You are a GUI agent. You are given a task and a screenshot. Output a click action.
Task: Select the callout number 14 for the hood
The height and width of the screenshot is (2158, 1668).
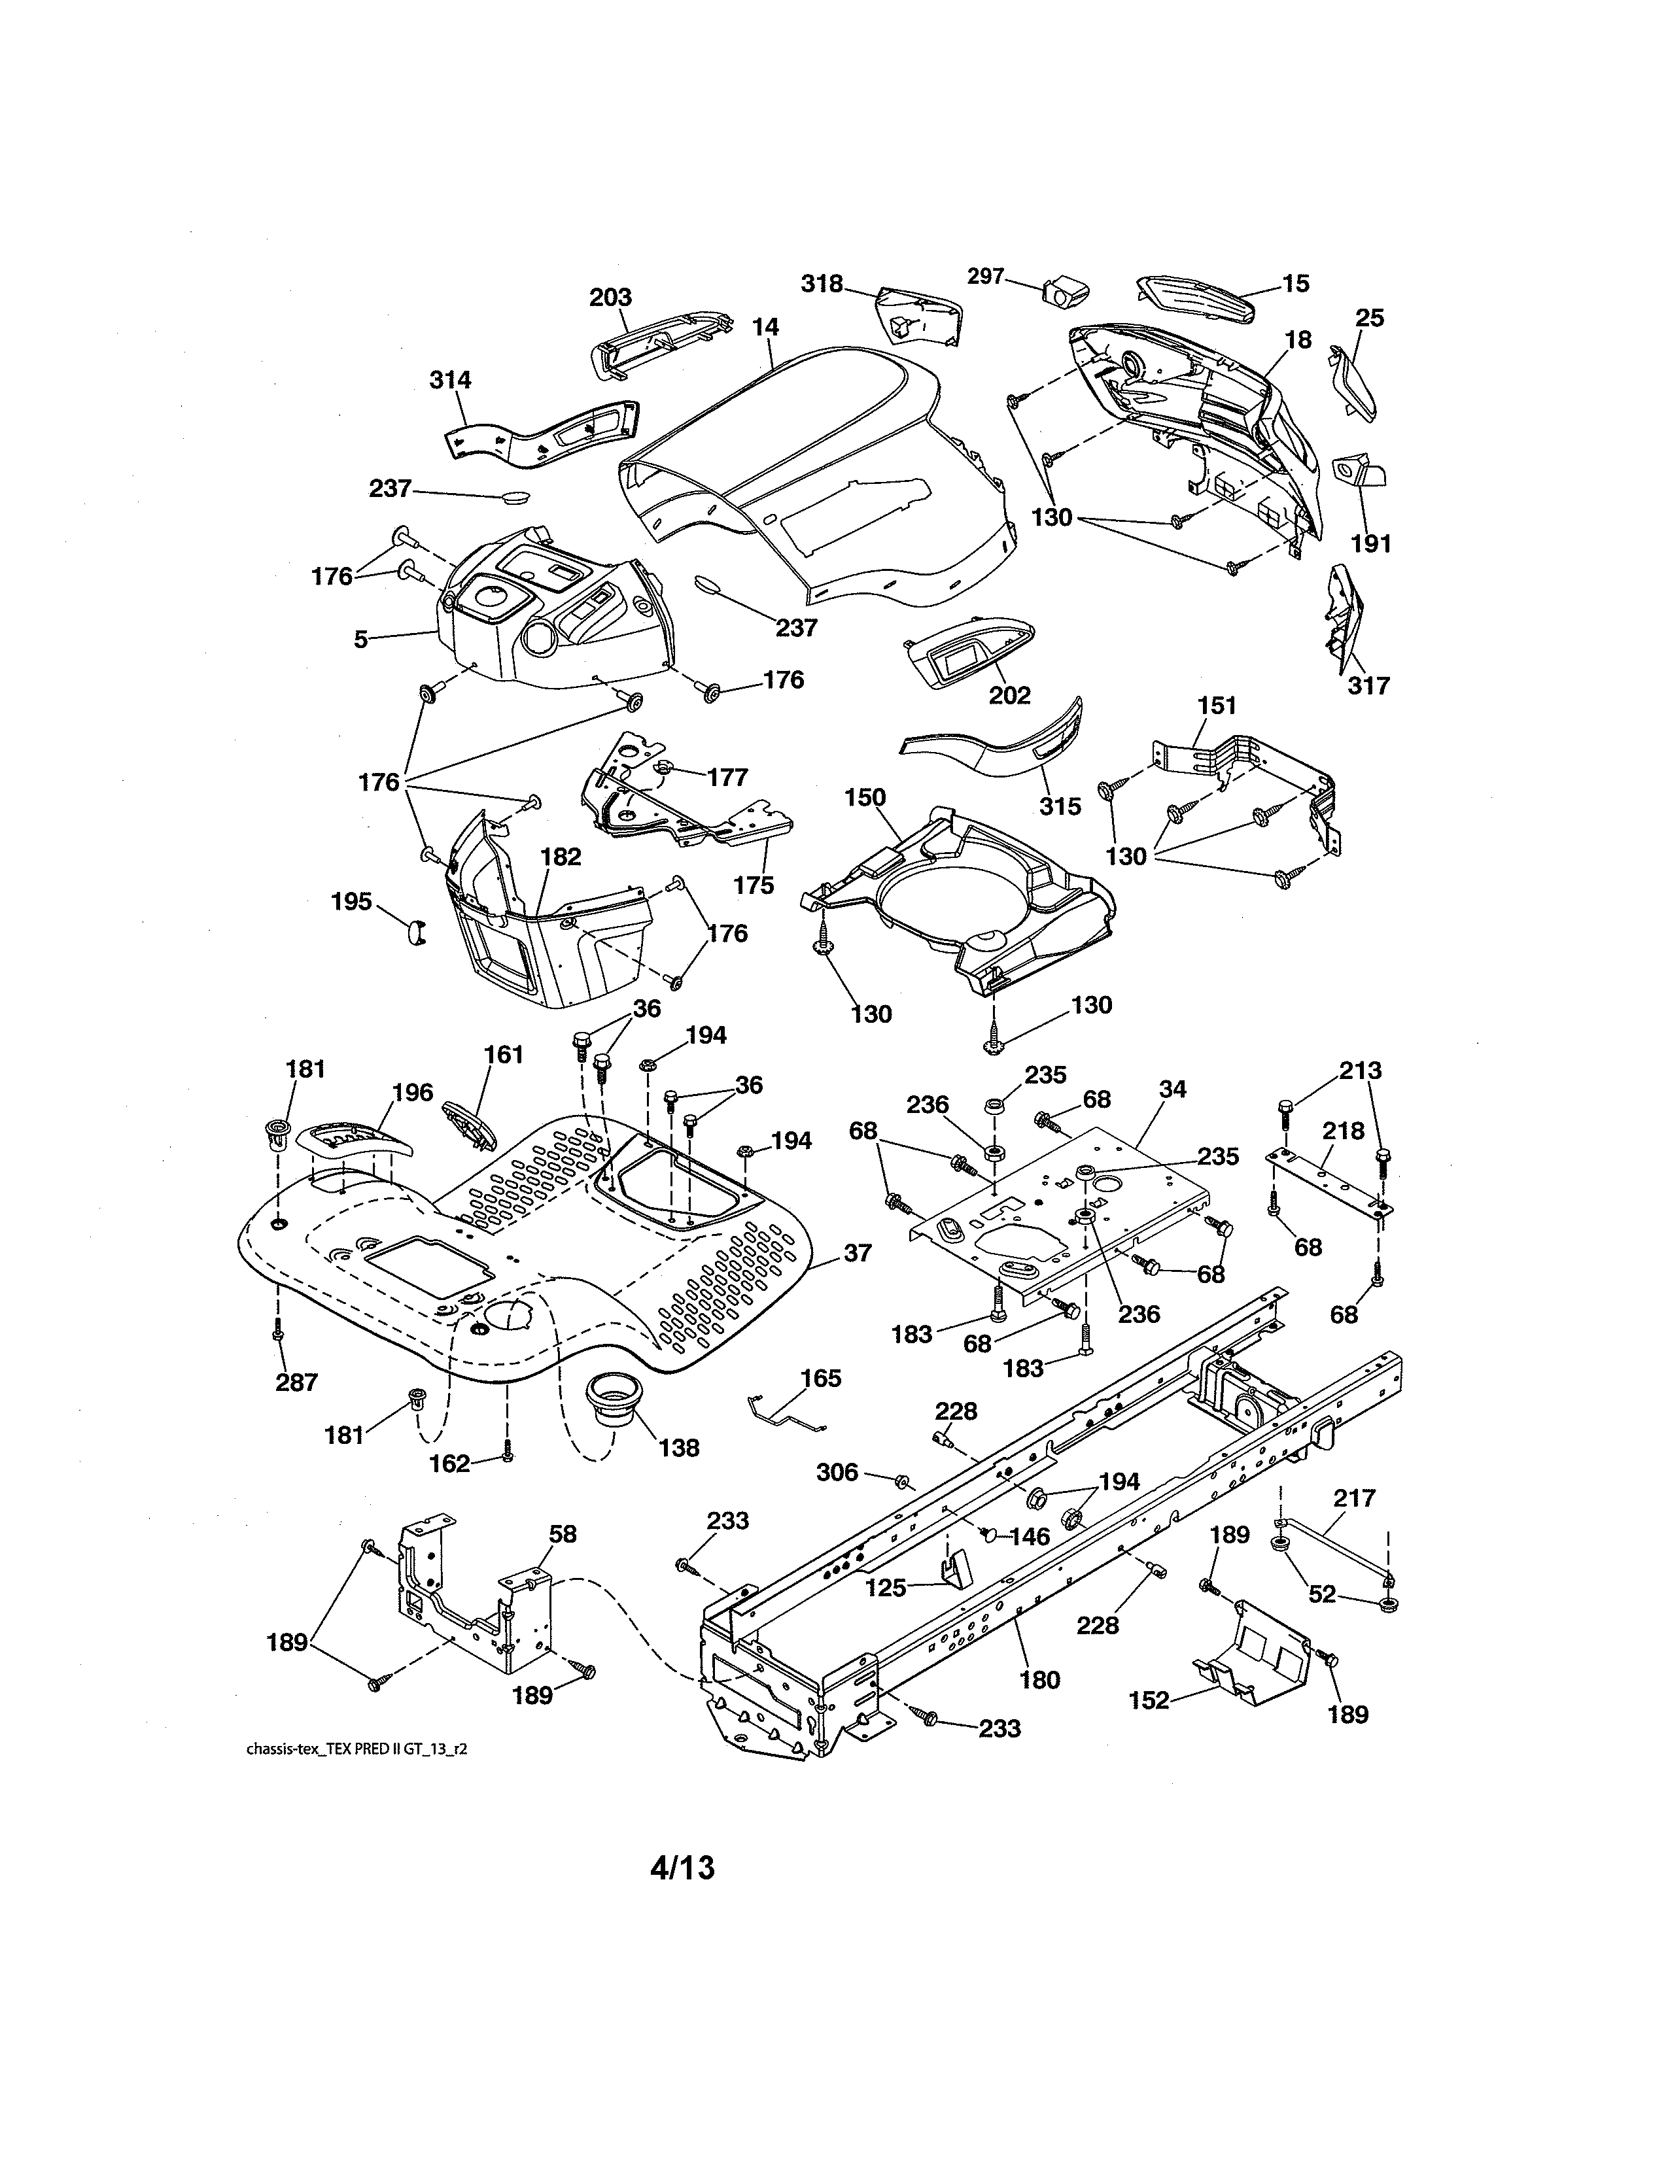tap(764, 327)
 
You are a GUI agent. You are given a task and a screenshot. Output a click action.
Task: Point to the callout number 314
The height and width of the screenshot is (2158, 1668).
tap(449, 379)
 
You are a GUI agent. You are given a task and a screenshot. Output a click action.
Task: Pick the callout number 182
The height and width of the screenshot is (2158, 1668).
tap(561, 857)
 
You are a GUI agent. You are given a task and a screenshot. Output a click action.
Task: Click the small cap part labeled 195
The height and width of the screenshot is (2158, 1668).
tap(416, 931)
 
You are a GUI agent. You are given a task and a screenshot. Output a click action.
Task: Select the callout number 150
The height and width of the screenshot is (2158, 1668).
tap(865, 797)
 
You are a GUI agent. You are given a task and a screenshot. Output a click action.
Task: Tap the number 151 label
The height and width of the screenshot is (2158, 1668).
tap(1217, 706)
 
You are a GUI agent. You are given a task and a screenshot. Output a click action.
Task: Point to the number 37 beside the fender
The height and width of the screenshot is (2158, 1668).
tap(857, 1253)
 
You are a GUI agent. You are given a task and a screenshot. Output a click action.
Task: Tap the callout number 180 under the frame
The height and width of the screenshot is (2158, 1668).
tap(1039, 1680)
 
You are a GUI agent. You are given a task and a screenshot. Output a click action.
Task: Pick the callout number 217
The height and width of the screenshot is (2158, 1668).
tap(1354, 1498)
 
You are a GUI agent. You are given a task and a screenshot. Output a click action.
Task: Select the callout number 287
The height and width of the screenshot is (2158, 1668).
tap(296, 1382)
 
